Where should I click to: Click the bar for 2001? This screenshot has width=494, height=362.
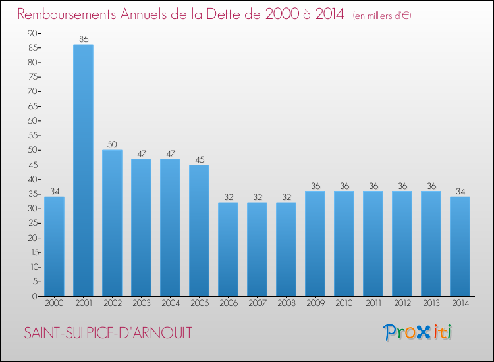[x=83, y=170]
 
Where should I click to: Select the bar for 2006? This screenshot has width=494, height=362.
[x=228, y=249]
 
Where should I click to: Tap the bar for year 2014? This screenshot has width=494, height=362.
[x=460, y=247]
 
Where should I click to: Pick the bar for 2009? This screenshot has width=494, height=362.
[x=315, y=244]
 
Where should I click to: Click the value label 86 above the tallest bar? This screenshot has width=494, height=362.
[x=83, y=39]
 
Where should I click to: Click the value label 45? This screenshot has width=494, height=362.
[x=199, y=159]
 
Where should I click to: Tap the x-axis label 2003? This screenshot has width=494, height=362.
[x=141, y=303]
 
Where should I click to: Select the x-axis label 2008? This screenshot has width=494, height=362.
[x=286, y=303]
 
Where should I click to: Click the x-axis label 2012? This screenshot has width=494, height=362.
[x=402, y=303]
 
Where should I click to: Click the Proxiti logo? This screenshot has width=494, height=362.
[x=418, y=332]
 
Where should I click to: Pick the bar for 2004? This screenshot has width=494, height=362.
[x=170, y=228]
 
